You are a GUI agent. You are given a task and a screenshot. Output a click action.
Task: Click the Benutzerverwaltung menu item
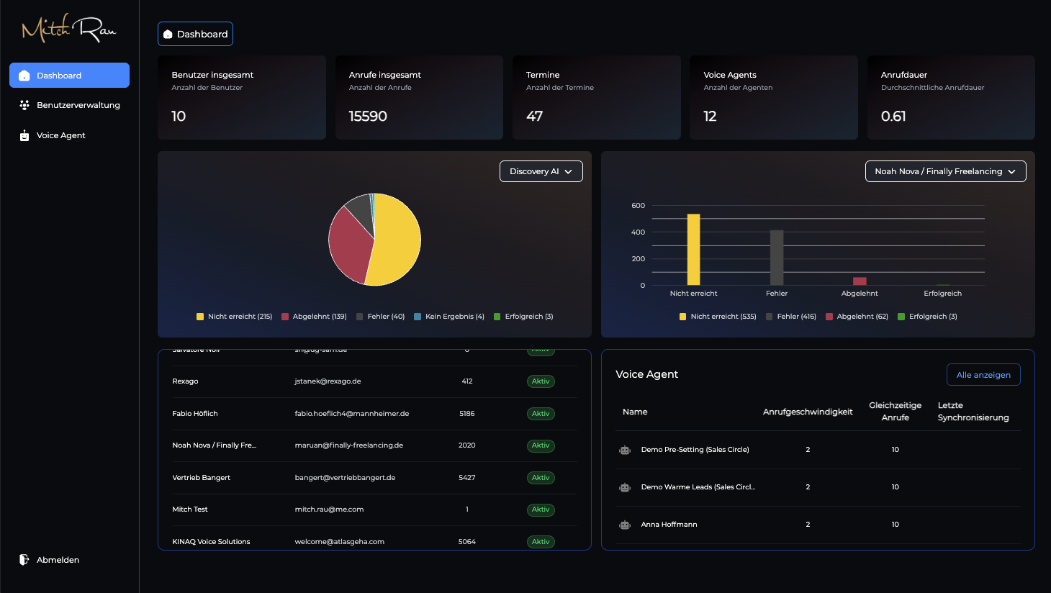point(78,105)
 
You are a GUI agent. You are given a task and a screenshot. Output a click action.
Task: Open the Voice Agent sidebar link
point(60,135)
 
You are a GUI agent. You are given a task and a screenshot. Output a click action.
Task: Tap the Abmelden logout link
point(58,560)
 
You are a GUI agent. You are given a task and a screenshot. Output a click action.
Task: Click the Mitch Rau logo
point(69,29)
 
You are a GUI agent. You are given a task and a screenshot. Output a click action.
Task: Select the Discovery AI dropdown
point(541,171)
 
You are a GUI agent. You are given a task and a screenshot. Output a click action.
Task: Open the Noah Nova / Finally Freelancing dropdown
point(944,171)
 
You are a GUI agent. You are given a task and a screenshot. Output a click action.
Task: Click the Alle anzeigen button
point(983,375)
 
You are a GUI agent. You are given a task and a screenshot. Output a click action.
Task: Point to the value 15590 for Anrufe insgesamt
point(368,117)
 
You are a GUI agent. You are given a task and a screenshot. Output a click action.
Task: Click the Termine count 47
point(534,117)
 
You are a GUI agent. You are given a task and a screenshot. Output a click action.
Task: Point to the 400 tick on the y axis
point(638,232)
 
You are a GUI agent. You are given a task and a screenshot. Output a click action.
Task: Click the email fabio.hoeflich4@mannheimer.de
point(351,414)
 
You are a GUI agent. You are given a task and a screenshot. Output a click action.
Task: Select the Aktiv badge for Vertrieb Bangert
point(541,478)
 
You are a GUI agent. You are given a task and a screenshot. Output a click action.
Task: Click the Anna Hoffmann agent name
point(669,525)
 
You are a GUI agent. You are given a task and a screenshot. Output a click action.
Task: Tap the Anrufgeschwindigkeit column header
point(807,412)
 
